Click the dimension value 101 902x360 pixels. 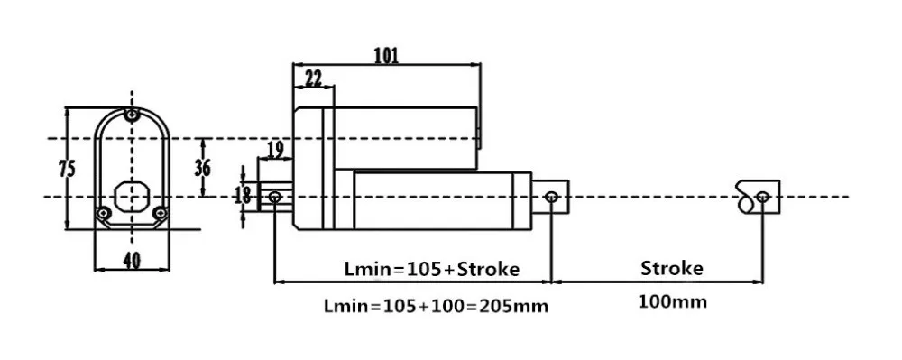click(x=385, y=54)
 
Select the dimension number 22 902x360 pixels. click(x=313, y=78)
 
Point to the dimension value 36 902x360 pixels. click(x=203, y=167)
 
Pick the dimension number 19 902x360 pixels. click(x=275, y=149)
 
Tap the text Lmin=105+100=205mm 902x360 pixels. click(x=436, y=305)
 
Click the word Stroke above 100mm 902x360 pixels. click(x=671, y=268)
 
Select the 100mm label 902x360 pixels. click(x=673, y=300)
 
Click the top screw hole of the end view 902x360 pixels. click(x=132, y=116)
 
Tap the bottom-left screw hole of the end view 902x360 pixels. click(x=103, y=213)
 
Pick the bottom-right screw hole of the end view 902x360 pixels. click(x=160, y=213)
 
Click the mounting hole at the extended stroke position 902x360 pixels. click(x=763, y=196)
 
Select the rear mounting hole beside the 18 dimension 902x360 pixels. click(x=274, y=195)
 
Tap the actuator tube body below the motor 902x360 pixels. click(x=433, y=197)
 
